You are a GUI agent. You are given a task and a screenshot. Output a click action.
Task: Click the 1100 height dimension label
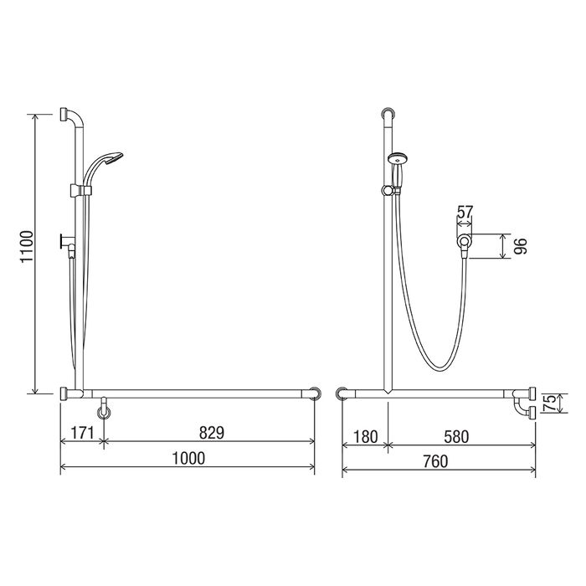click(x=27, y=247)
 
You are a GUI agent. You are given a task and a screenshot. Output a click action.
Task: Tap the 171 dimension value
click(x=82, y=433)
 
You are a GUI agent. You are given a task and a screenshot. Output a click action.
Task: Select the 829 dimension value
click(x=212, y=433)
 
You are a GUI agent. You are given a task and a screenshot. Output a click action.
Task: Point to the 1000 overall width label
click(x=188, y=458)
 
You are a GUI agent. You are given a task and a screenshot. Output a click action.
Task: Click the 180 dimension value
click(x=365, y=436)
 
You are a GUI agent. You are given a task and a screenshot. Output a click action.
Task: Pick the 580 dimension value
click(x=456, y=436)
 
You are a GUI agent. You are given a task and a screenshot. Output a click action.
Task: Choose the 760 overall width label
click(x=435, y=461)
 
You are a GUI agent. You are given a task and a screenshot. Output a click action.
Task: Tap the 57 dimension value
click(x=465, y=213)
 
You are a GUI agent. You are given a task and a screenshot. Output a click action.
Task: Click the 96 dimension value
click(x=520, y=246)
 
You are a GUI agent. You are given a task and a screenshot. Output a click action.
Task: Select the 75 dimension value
click(x=550, y=404)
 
